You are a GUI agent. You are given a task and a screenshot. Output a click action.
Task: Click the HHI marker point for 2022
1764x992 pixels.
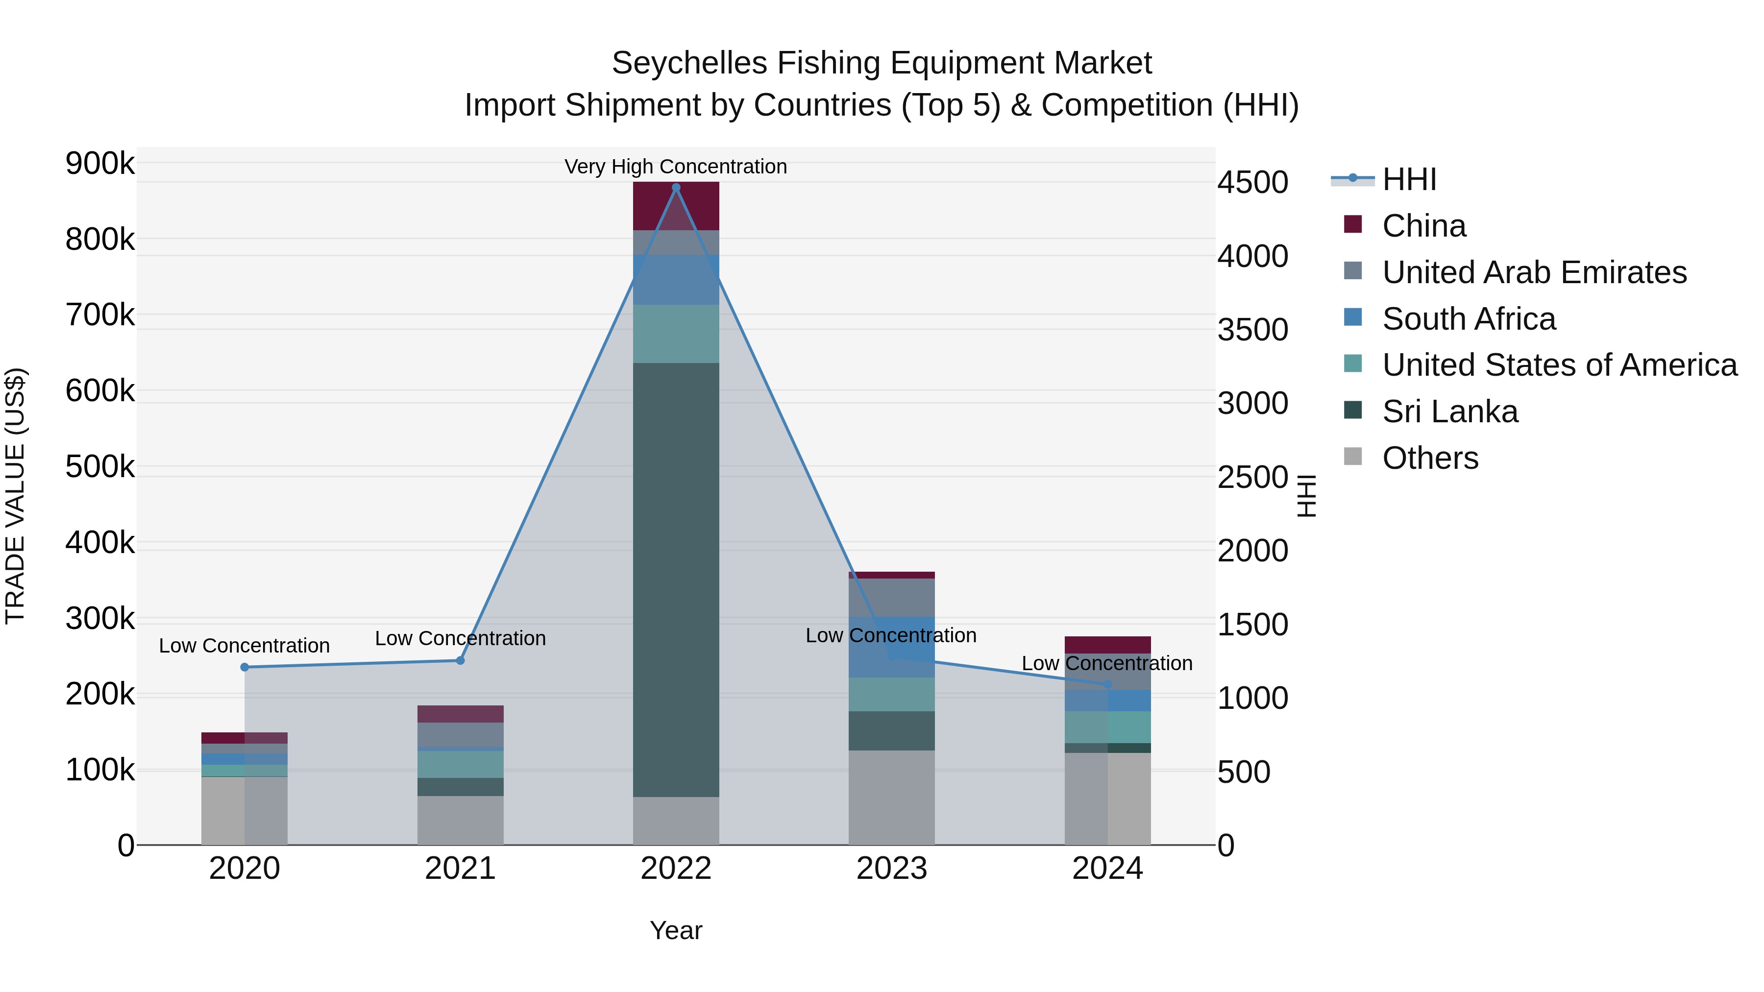point(676,188)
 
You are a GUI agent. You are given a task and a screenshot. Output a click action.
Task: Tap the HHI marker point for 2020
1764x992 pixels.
point(245,667)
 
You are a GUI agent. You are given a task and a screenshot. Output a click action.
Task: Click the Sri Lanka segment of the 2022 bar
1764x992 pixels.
point(676,579)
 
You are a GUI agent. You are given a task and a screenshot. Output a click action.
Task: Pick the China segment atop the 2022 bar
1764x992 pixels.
point(676,205)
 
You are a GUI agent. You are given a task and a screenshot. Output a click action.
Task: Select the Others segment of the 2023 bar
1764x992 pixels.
point(892,798)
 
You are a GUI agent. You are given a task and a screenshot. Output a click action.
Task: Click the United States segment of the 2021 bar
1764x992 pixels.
point(460,764)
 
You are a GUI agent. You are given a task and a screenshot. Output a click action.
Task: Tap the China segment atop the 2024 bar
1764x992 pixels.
point(1107,644)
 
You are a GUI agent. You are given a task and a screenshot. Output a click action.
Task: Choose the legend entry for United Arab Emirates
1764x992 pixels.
point(1534,272)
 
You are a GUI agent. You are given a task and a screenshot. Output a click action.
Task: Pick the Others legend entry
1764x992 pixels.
point(1430,458)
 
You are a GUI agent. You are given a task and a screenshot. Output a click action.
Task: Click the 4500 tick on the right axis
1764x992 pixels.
point(1252,183)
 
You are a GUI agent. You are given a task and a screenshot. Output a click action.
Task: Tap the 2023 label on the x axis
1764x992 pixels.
point(892,869)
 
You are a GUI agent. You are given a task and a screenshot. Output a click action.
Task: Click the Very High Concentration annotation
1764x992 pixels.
point(675,167)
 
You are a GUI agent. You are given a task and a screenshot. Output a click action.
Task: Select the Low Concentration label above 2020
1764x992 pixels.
point(245,646)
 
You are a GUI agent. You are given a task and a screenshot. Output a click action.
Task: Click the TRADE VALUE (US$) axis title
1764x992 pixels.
point(15,496)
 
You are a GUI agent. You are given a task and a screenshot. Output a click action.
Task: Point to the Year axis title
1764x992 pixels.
point(676,930)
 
